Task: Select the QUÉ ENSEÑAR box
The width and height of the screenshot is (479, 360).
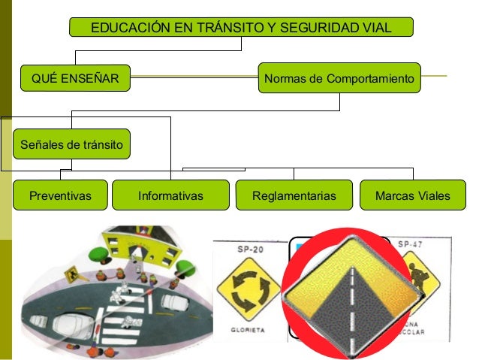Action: (74, 77)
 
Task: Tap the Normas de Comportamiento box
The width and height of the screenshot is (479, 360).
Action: (339, 77)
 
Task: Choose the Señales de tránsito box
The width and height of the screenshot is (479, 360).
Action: (71, 144)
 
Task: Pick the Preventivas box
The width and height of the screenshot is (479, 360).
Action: (60, 196)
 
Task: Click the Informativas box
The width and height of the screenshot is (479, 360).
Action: (171, 196)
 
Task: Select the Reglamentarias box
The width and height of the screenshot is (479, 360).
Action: (293, 196)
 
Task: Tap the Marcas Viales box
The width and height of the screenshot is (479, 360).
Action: (414, 196)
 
